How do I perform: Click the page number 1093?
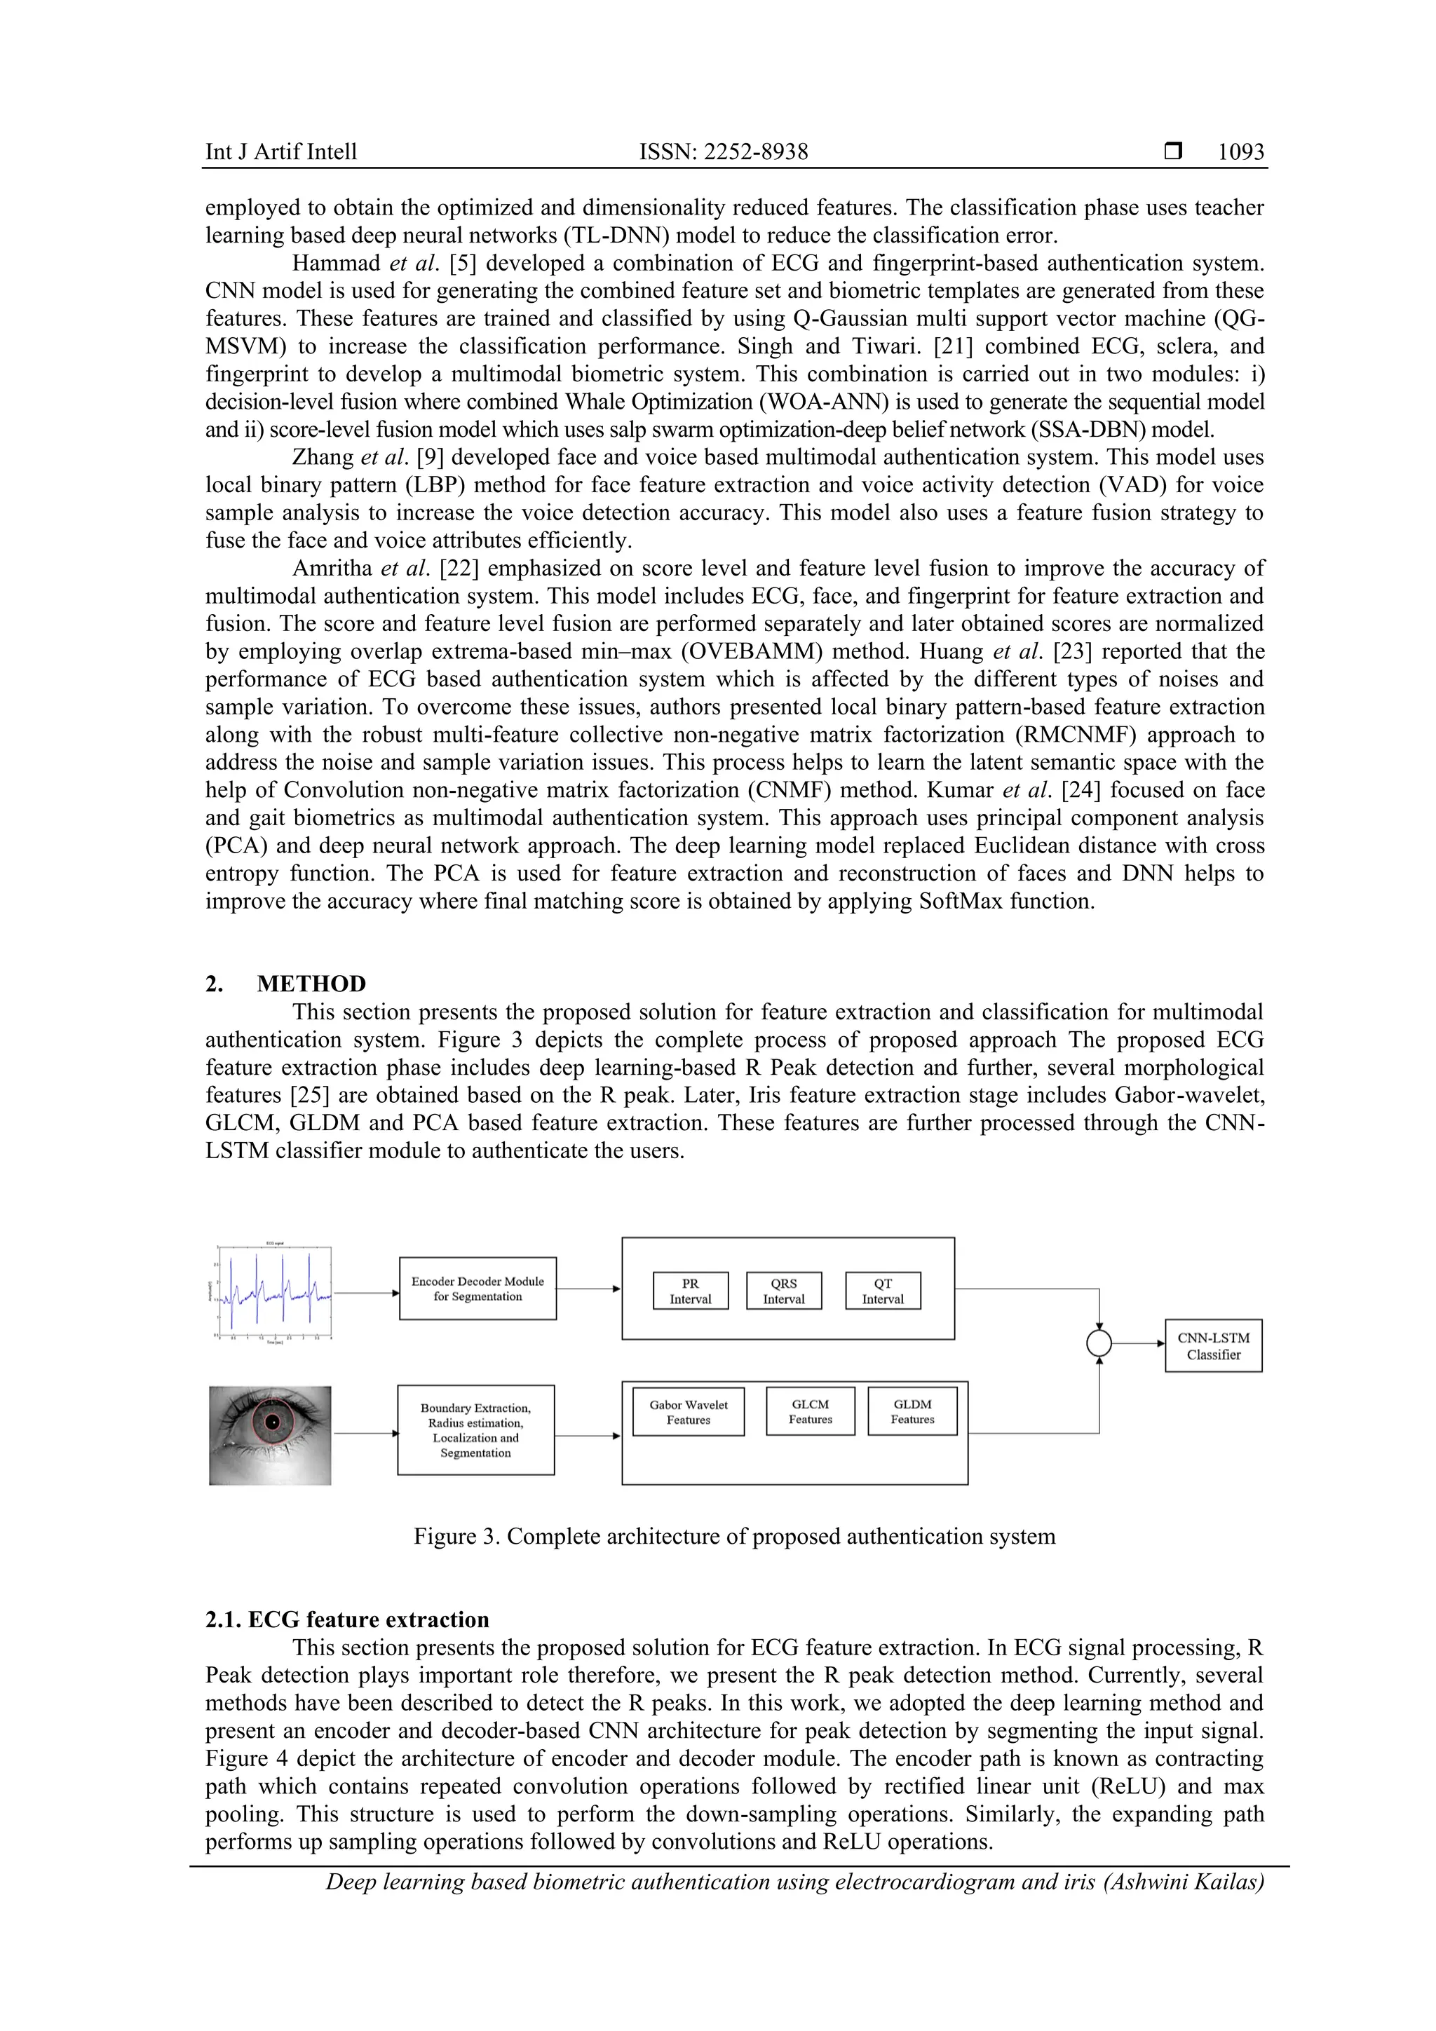coord(1240,151)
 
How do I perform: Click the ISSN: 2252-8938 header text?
coord(723,151)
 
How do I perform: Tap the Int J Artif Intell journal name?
coord(280,151)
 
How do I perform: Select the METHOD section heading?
coord(311,984)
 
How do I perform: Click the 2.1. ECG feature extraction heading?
coord(347,1619)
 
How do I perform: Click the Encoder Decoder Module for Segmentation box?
coord(477,1288)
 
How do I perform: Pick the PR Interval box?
coord(690,1291)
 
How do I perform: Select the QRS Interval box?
coord(784,1291)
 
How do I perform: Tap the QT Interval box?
coord(883,1291)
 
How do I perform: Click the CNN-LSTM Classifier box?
coord(1213,1346)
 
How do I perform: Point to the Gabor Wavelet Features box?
coord(689,1412)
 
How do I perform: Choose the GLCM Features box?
coord(811,1411)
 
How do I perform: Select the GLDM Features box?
coord(912,1411)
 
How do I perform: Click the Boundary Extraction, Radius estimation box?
coord(476,1429)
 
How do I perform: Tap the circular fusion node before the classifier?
coord(1099,1344)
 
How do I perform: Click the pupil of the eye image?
coord(273,1422)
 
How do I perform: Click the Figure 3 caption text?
coord(734,1535)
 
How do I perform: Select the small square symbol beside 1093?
coord(1173,151)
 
